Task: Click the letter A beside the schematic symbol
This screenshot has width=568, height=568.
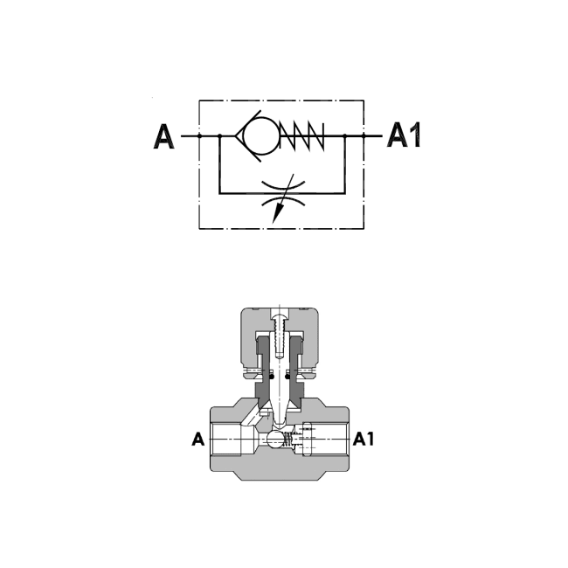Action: [x=163, y=138]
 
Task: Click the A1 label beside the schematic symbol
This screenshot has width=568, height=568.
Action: [x=404, y=135]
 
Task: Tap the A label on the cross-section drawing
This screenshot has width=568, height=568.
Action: [x=198, y=440]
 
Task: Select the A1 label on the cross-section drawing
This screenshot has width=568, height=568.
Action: [x=363, y=440]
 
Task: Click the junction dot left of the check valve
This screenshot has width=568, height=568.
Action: [x=219, y=136]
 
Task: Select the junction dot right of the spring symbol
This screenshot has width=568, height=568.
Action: [x=345, y=136]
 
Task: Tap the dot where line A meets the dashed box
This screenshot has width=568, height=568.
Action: [x=199, y=136]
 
